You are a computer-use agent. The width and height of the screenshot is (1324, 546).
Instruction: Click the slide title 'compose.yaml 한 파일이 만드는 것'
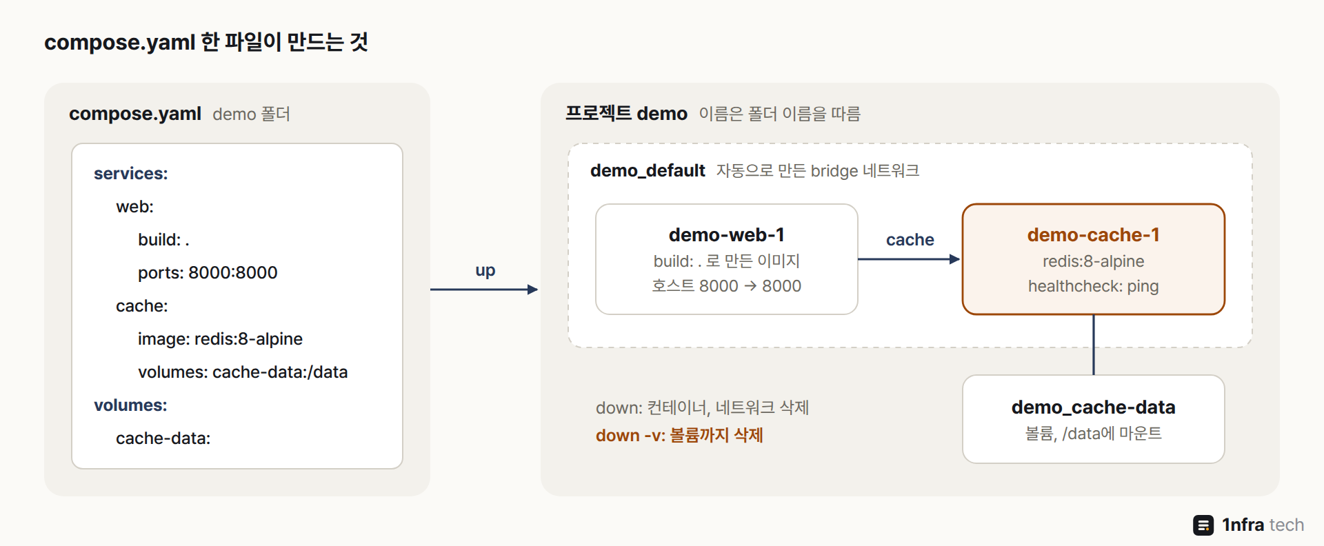(206, 43)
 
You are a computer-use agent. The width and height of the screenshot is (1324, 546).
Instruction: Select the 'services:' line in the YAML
(131, 174)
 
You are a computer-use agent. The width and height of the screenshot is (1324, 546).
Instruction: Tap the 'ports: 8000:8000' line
(208, 273)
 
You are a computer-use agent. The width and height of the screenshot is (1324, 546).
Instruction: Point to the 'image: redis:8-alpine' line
(220, 339)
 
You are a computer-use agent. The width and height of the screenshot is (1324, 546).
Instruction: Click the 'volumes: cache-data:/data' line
(243, 372)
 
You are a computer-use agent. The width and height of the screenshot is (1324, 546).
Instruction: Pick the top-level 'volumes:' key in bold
(130, 405)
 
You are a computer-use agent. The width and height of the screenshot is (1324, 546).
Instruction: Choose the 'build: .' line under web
(163, 240)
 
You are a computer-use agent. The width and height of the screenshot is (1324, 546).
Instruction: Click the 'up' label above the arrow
(485, 271)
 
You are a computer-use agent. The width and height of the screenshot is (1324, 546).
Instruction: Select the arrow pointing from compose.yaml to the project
(484, 290)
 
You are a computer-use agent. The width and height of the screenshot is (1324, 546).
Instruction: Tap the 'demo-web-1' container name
(727, 235)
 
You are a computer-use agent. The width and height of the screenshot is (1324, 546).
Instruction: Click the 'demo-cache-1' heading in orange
(1094, 235)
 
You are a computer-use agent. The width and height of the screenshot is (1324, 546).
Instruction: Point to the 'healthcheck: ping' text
(1094, 286)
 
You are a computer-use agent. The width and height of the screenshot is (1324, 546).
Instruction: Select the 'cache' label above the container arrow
(910, 240)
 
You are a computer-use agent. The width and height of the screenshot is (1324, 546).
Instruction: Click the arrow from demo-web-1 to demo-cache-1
(909, 259)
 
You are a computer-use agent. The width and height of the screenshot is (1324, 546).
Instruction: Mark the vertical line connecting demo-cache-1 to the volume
(1094, 345)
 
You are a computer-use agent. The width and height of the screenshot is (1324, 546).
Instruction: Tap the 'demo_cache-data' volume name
(1094, 407)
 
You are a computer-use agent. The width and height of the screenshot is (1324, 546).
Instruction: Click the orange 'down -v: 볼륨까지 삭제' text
(679, 436)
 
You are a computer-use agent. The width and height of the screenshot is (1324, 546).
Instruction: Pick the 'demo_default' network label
(648, 171)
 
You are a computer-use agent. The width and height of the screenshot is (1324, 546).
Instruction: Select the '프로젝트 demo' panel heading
(626, 114)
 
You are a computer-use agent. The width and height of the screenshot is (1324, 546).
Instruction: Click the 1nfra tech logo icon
(1203, 525)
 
